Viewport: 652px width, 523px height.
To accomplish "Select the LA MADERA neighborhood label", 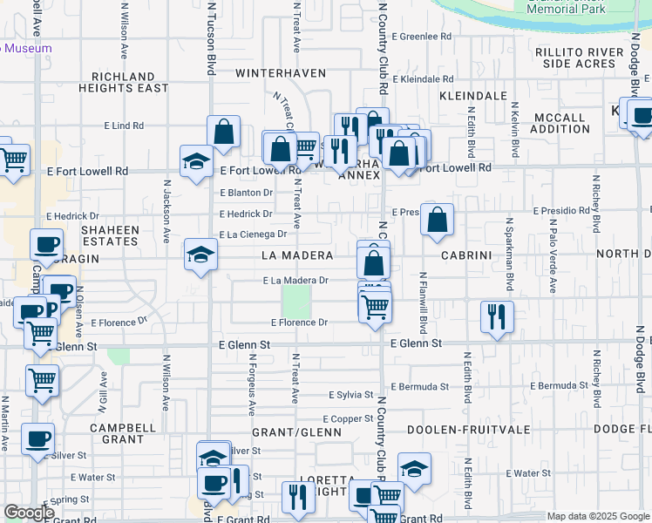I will (x=297, y=255).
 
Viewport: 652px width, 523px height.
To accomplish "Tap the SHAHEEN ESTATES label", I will (x=110, y=236).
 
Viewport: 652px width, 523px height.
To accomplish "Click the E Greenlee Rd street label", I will (x=421, y=37).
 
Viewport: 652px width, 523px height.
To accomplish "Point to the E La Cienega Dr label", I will (x=253, y=234).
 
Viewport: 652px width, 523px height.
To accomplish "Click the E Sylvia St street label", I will (x=350, y=395).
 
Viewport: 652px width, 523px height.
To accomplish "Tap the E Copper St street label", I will (x=350, y=419).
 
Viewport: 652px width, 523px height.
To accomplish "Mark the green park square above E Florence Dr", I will (x=297, y=303).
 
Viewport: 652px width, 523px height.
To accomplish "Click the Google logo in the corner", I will (x=29, y=513).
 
